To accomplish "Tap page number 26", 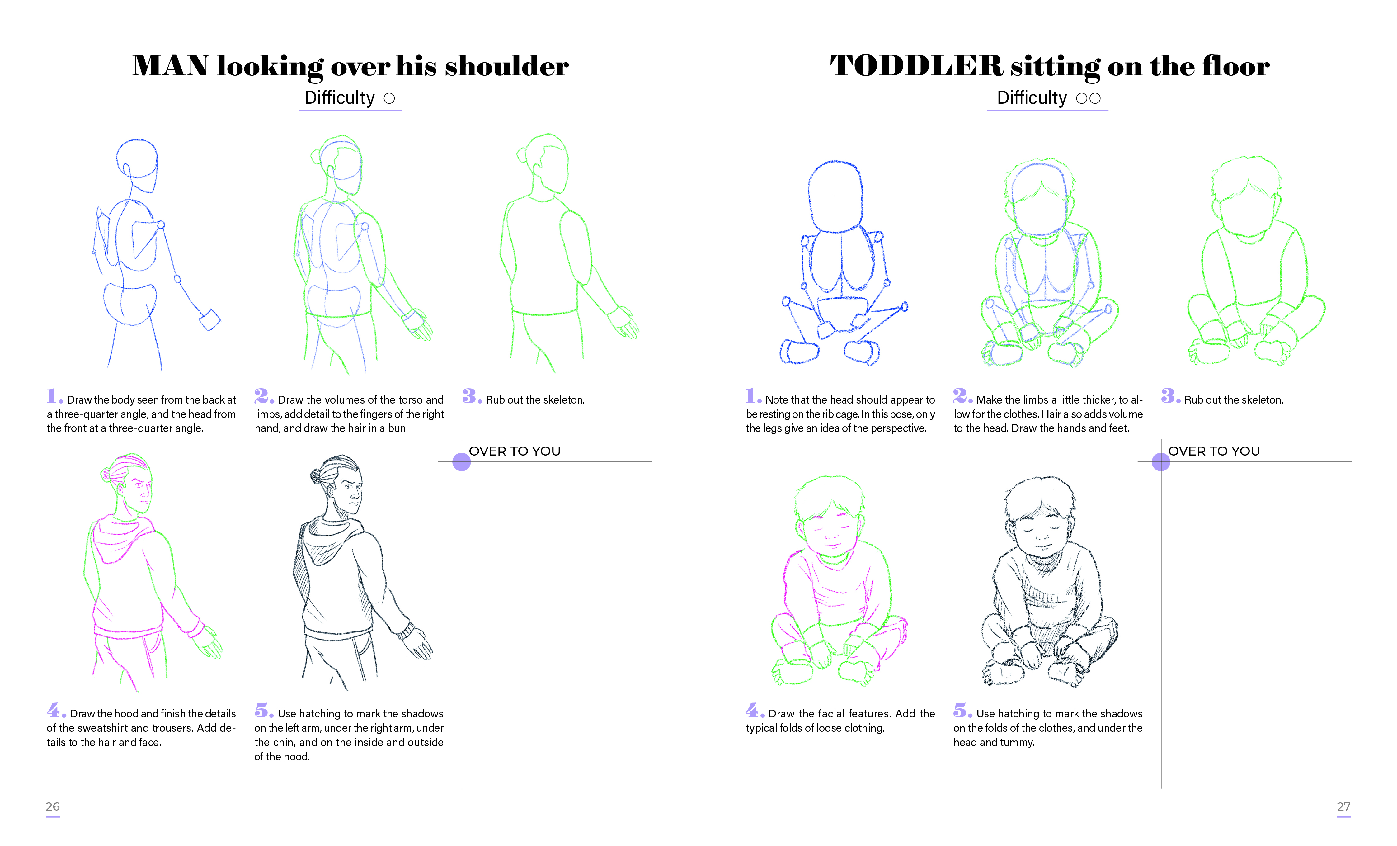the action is pos(52,806).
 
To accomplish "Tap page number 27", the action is pos(1344,806).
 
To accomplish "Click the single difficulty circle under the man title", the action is pos(389,99).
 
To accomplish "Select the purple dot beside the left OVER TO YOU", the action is pos(462,462).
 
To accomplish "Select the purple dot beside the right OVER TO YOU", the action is pos(1161,462).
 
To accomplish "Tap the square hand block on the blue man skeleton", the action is pos(210,320).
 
